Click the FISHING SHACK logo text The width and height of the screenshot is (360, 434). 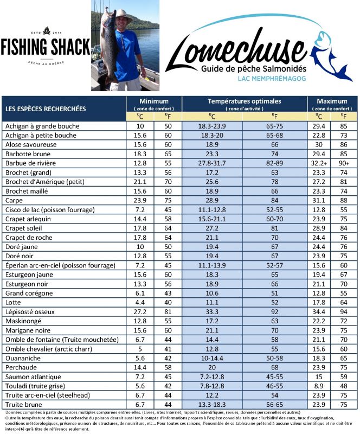[x=45, y=47]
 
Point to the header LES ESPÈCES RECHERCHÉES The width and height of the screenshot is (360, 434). [x=46, y=108]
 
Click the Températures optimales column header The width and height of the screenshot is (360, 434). [x=245, y=101]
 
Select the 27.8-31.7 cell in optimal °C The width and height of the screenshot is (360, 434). [x=212, y=163]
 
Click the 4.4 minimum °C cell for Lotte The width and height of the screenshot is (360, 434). [x=139, y=302]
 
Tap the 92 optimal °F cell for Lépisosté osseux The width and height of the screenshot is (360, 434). [x=274, y=311]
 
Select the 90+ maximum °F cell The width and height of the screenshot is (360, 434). [x=344, y=163]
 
